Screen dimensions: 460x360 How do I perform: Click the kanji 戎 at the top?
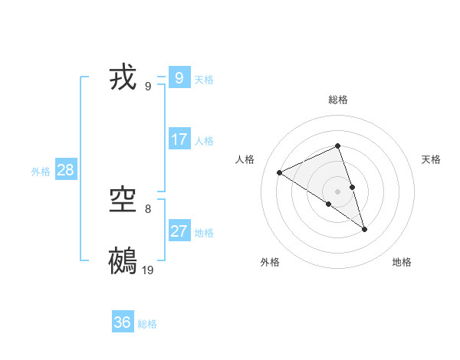coord(123,78)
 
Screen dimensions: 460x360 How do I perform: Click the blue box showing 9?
coord(179,78)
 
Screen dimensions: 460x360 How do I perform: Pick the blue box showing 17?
coord(179,139)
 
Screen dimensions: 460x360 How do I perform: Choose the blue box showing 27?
coord(179,231)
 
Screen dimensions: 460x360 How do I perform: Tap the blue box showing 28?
coord(65,170)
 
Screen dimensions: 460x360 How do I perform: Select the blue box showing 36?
coord(123,322)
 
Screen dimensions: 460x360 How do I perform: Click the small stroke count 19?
coord(148,270)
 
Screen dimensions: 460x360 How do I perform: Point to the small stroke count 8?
coord(148,208)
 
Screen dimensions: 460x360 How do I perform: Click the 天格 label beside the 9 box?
coord(204,79)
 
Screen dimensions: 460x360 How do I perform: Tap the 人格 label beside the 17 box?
coord(204,141)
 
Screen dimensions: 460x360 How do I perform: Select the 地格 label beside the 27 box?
coord(204,233)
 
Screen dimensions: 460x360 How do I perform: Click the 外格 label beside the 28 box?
coord(41,172)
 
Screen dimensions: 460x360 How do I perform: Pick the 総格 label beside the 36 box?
coord(147,324)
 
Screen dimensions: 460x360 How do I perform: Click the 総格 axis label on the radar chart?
coord(337,100)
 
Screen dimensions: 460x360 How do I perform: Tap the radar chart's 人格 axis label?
coord(245,159)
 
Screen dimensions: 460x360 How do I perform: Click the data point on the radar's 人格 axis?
coord(279,172)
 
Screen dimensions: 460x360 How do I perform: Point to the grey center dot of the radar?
coord(337,191)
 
